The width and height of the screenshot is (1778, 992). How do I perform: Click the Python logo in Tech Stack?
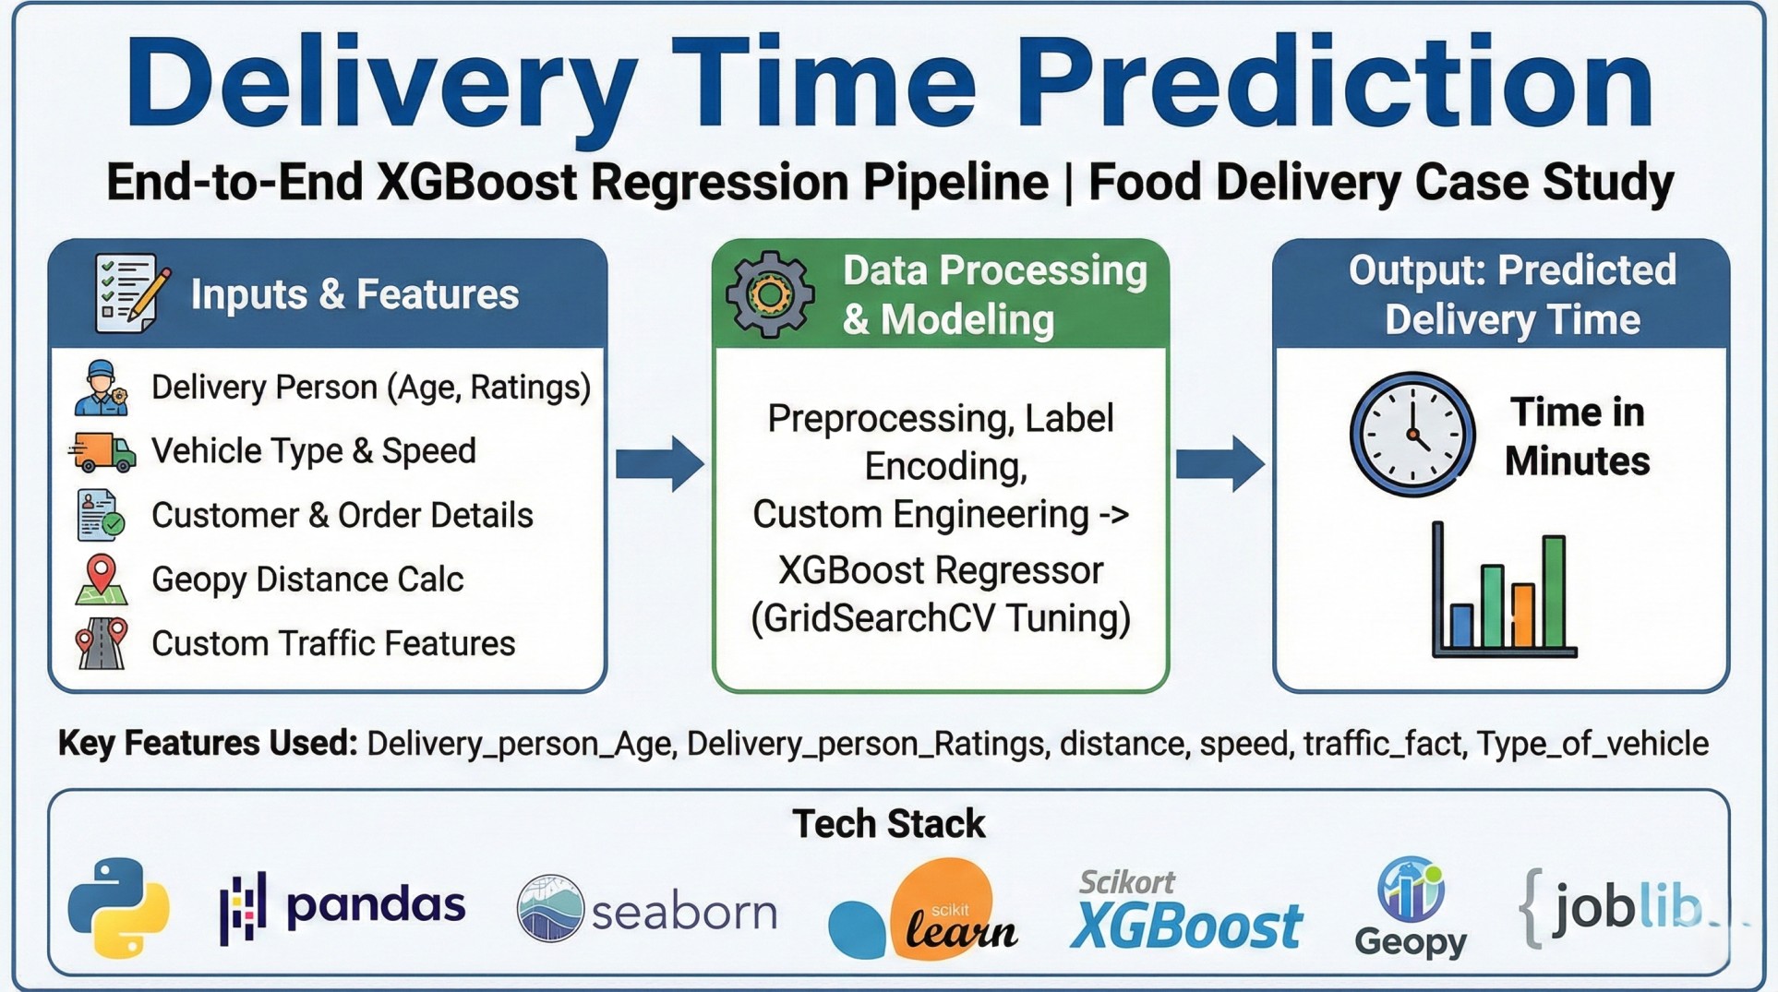tap(118, 908)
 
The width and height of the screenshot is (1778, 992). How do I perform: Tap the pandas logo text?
tap(375, 907)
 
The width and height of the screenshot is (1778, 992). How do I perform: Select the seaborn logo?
tap(646, 910)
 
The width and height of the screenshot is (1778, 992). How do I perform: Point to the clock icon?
tap(1412, 434)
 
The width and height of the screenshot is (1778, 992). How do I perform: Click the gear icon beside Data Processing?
tap(770, 294)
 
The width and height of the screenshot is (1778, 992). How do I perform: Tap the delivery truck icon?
tap(102, 451)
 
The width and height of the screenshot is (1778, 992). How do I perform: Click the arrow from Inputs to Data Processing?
tap(659, 463)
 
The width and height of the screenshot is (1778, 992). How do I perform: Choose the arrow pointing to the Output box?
tap(1219, 463)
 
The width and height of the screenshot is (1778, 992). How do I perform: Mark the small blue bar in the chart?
tap(1461, 625)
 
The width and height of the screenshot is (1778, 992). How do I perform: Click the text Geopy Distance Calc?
tap(306, 580)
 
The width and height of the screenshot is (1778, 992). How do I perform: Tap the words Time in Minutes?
tap(1577, 436)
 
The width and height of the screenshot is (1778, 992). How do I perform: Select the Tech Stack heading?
tap(888, 824)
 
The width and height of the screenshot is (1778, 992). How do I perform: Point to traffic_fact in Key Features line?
tap(1383, 744)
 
